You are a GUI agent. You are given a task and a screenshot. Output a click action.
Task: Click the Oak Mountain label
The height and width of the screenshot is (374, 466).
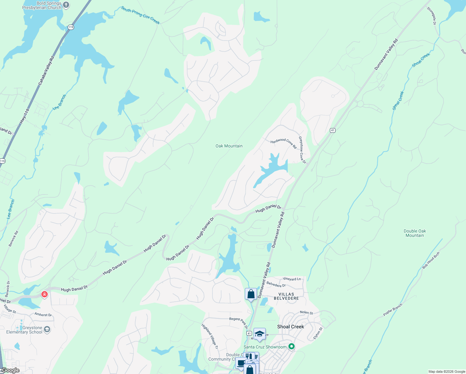229,146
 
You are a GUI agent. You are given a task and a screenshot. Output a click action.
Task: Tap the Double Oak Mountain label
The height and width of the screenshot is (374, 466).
415,233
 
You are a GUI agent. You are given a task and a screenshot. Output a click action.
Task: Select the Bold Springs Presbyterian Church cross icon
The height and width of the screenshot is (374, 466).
66,5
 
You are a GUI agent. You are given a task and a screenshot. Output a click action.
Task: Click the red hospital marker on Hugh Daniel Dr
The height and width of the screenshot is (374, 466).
45,294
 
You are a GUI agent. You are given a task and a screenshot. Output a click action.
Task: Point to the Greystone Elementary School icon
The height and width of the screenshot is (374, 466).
47,329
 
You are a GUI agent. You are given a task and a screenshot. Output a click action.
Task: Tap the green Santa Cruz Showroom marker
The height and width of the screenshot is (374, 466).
292,347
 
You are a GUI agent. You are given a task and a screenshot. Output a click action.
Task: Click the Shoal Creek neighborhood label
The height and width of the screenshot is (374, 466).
291,327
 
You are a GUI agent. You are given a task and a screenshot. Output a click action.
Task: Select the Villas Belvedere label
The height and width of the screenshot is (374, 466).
286,296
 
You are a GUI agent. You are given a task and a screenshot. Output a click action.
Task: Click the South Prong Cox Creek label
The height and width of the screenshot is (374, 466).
140,15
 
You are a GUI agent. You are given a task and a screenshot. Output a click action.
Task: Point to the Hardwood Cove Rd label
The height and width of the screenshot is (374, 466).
283,143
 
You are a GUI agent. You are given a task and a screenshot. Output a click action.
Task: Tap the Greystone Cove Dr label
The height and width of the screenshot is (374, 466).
302,150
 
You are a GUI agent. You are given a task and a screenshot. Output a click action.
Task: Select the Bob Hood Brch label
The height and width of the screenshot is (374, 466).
431,261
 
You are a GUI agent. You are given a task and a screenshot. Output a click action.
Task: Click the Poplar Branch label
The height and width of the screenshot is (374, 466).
393,310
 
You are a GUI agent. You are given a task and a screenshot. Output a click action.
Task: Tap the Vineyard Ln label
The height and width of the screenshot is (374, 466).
292,279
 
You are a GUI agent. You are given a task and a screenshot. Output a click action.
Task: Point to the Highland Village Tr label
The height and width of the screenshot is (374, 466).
210,336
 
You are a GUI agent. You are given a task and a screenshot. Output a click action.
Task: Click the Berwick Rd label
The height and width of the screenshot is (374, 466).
13,239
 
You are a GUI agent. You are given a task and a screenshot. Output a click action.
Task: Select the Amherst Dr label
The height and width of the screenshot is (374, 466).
43,314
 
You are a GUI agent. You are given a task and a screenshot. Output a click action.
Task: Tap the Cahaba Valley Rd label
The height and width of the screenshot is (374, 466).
46,71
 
